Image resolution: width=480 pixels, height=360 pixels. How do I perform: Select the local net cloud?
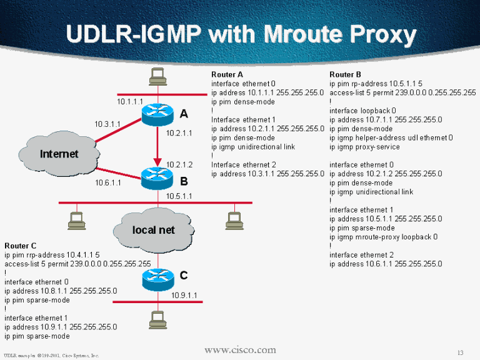153,229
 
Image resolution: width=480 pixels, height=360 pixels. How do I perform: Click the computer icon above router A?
156,77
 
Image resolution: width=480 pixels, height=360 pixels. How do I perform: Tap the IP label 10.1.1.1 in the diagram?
130,101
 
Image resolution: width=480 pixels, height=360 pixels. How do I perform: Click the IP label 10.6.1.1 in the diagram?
107,183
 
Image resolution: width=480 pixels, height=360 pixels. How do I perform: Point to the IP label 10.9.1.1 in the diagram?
184,295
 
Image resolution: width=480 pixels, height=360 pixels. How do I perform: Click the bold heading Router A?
227,74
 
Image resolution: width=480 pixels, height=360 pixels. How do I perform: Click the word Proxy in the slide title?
378,34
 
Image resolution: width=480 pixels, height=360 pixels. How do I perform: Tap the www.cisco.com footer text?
240,349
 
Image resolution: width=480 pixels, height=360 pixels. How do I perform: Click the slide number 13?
461,351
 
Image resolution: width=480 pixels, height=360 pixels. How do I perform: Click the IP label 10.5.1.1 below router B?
179,196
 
